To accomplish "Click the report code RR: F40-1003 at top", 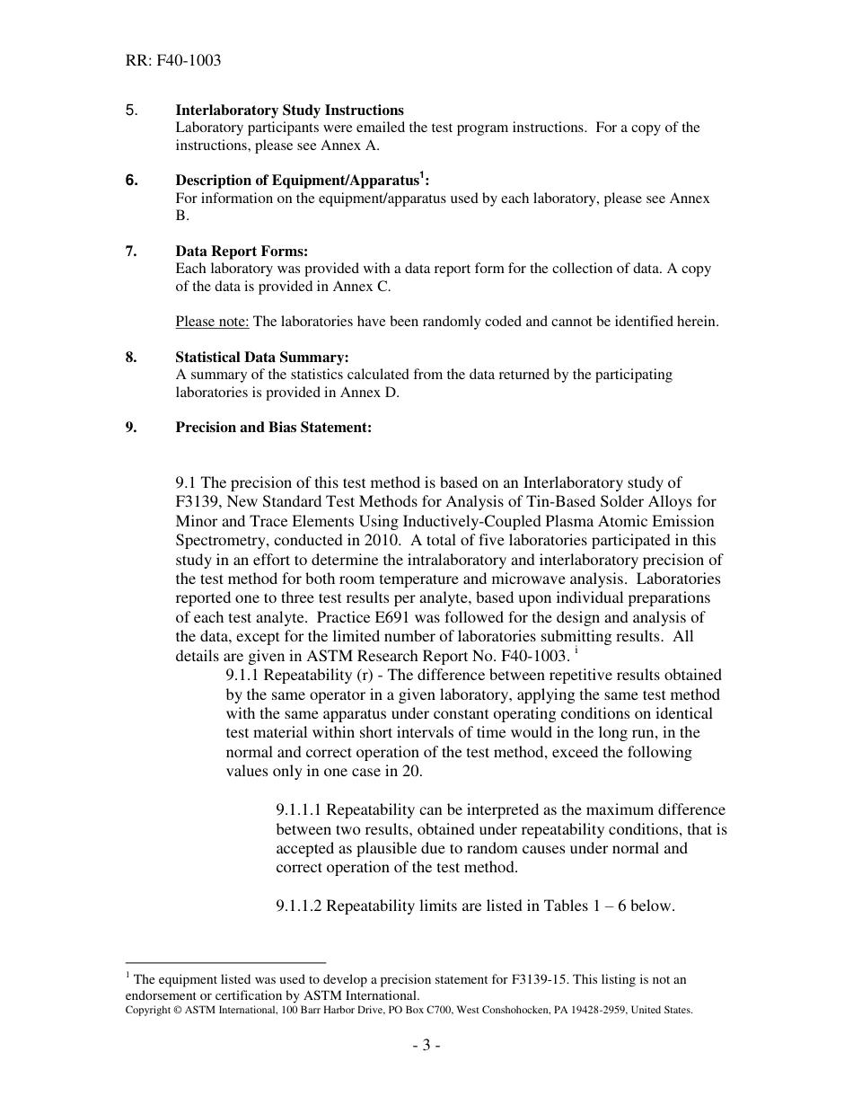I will tap(173, 61).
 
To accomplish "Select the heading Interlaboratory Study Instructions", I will tap(289, 110).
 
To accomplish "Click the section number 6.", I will tap(132, 181).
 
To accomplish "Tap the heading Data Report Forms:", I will tap(242, 252).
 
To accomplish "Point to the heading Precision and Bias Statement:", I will tap(273, 428).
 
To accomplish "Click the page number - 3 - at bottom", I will tap(426, 1045).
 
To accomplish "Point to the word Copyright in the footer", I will tap(147, 1010).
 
